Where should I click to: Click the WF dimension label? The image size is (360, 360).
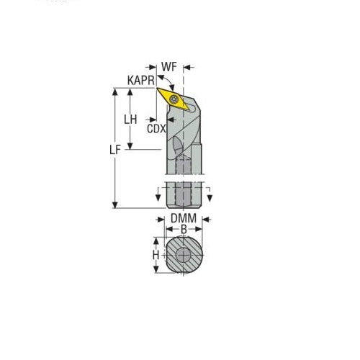169,67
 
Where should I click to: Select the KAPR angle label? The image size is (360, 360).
141,81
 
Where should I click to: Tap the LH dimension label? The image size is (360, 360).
130,120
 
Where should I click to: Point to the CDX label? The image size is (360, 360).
156,129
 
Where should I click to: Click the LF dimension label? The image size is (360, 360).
115,150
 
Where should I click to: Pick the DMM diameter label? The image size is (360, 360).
184,218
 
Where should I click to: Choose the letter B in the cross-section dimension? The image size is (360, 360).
184,229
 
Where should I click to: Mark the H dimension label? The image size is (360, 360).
156,255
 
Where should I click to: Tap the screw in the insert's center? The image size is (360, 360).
174,99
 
